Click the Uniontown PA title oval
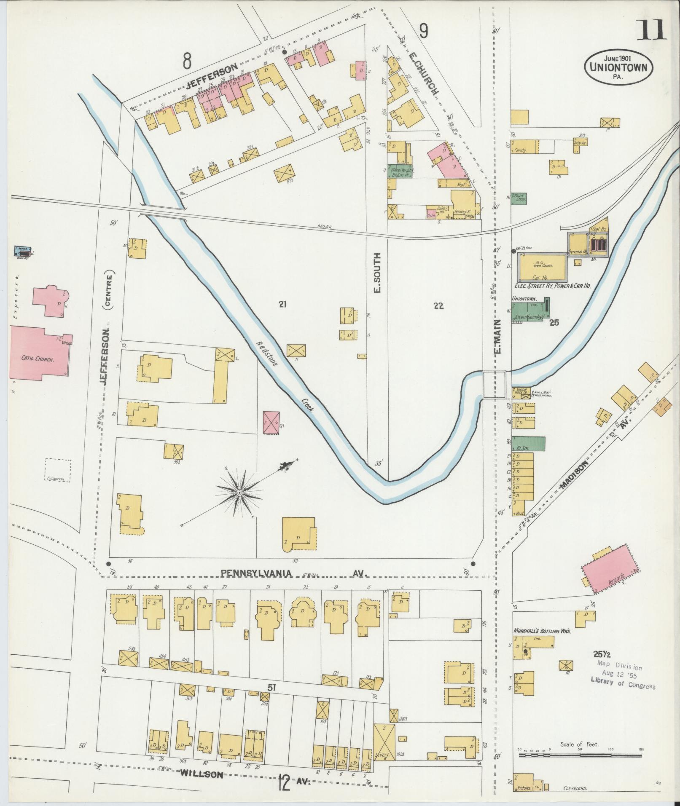[618, 67]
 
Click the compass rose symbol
[239, 492]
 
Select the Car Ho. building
[542, 269]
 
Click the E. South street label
[377, 273]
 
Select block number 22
[438, 306]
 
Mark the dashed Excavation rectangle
[58, 469]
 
